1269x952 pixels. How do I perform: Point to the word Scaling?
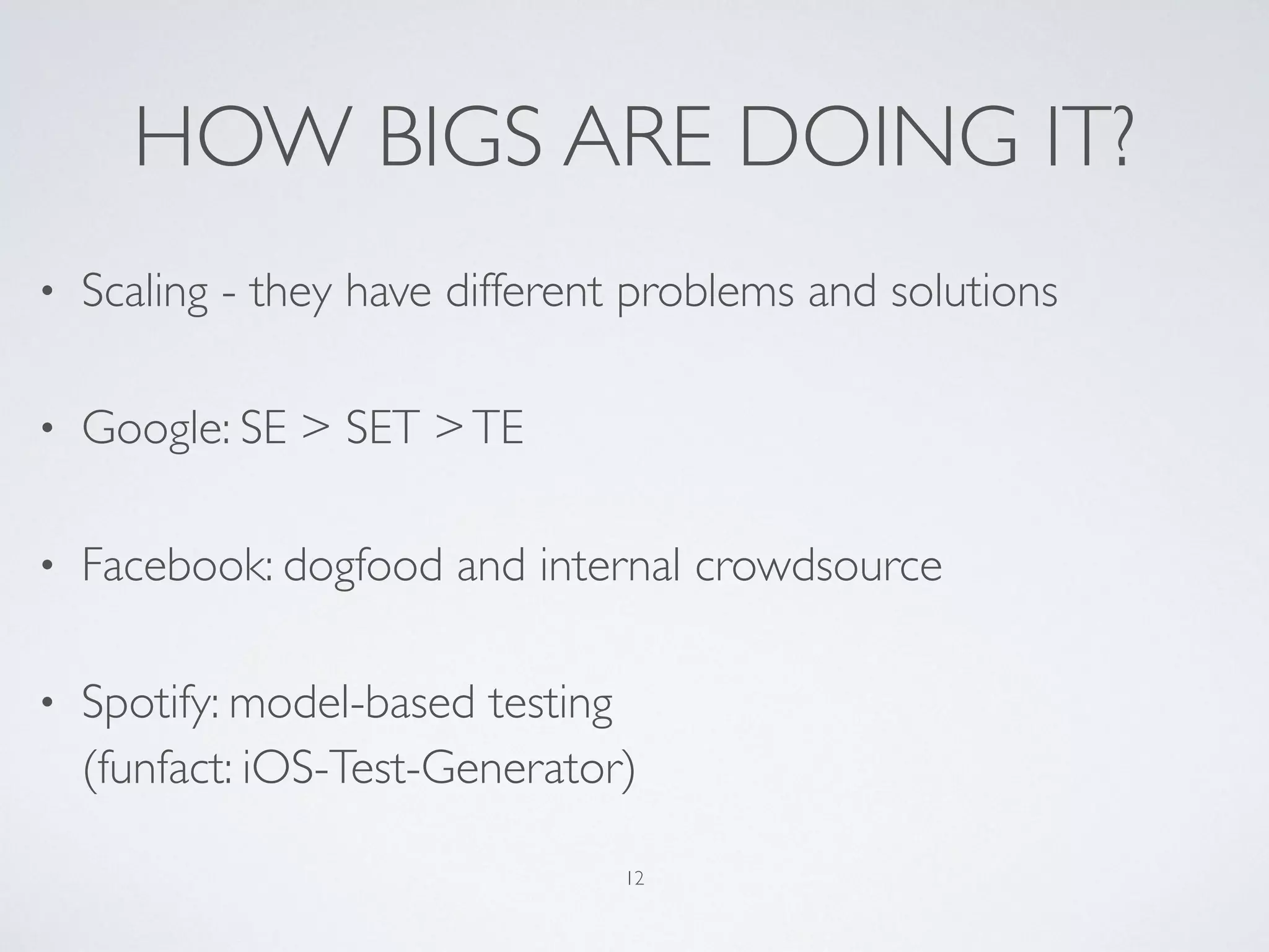click(x=144, y=291)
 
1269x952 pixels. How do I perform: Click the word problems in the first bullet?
click(x=705, y=291)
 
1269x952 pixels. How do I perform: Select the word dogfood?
click(x=362, y=566)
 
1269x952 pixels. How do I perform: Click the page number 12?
click(x=634, y=878)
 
